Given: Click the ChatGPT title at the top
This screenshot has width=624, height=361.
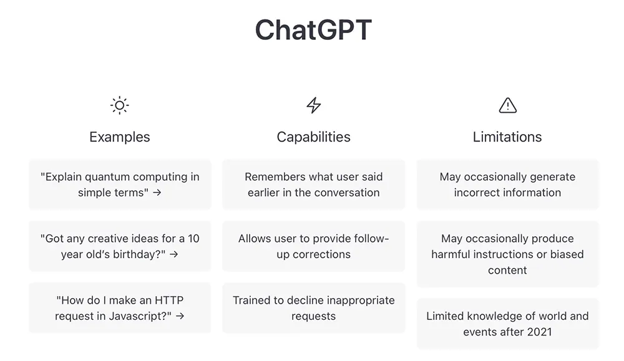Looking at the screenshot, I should click(313, 30).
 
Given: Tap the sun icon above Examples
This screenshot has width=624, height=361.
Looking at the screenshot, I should click(119, 105).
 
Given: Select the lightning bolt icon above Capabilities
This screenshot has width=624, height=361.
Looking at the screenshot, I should click(314, 105).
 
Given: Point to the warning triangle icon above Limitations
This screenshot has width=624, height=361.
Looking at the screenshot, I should click(508, 105).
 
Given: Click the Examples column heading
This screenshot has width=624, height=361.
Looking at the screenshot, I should click(119, 137).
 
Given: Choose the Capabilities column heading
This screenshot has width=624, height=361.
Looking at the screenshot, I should click(314, 137).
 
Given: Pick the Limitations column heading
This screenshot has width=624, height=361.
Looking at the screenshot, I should click(507, 137).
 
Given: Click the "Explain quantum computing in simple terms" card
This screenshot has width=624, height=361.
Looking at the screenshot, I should click(120, 185).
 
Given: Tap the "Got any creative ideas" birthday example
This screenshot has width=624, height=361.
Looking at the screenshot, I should click(120, 246).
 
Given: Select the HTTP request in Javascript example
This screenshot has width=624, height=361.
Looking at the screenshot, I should click(120, 308).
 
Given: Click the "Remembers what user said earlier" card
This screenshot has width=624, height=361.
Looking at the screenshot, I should click(314, 185).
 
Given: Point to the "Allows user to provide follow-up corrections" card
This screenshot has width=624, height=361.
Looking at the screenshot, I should click(314, 246).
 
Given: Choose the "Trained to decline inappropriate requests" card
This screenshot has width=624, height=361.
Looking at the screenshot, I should click(314, 308).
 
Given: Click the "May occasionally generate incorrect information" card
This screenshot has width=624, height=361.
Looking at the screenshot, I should click(507, 185).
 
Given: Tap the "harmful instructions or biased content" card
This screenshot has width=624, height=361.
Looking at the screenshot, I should click(507, 254).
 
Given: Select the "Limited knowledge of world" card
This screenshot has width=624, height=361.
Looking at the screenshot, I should click(507, 324).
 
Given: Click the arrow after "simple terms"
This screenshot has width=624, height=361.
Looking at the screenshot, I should click(157, 193).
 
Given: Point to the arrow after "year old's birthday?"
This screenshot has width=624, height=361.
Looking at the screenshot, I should click(174, 254).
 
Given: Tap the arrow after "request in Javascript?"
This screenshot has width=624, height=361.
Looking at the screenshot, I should click(180, 316).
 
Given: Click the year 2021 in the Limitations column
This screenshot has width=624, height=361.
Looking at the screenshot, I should click(538, 332).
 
